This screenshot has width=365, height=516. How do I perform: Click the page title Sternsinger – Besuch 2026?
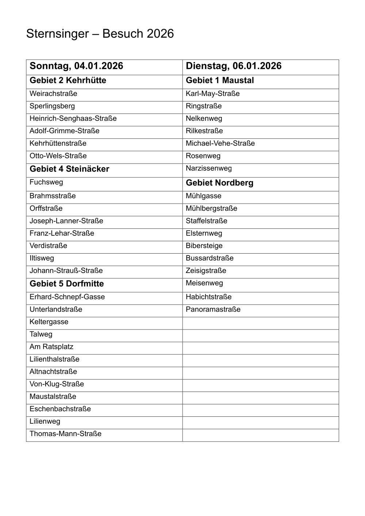[100, 34]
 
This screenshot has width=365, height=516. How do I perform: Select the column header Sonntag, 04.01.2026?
[76, 66]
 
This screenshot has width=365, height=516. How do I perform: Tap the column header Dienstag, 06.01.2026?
[234, 66]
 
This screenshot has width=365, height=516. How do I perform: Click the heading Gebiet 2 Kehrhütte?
[68, 81]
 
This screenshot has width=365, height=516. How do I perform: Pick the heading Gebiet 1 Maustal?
[220, 81]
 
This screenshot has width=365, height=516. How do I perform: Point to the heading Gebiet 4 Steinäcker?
[69, 169]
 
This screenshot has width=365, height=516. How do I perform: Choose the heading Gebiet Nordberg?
[219, 183]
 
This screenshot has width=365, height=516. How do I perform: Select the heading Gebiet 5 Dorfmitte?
[67, 284]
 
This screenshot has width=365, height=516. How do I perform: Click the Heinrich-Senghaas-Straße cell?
[73, 119]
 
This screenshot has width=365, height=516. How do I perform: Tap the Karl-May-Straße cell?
[213, 94]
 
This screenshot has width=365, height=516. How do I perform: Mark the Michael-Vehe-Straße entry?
[220, 143]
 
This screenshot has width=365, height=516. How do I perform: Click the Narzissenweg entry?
[209, 168]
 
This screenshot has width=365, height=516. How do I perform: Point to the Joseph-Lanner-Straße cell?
[66, 221]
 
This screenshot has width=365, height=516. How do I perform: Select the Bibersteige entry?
[204, 246]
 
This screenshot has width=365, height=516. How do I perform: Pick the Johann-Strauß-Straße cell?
[66, 271]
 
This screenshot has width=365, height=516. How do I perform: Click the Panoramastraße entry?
[213, 309]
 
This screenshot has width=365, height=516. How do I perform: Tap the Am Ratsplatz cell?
[51, 347]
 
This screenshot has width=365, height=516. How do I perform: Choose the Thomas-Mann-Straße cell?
[65, 434]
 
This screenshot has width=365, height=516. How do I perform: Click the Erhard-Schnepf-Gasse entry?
[67, 297]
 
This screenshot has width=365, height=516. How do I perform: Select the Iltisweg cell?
[42, 258]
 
